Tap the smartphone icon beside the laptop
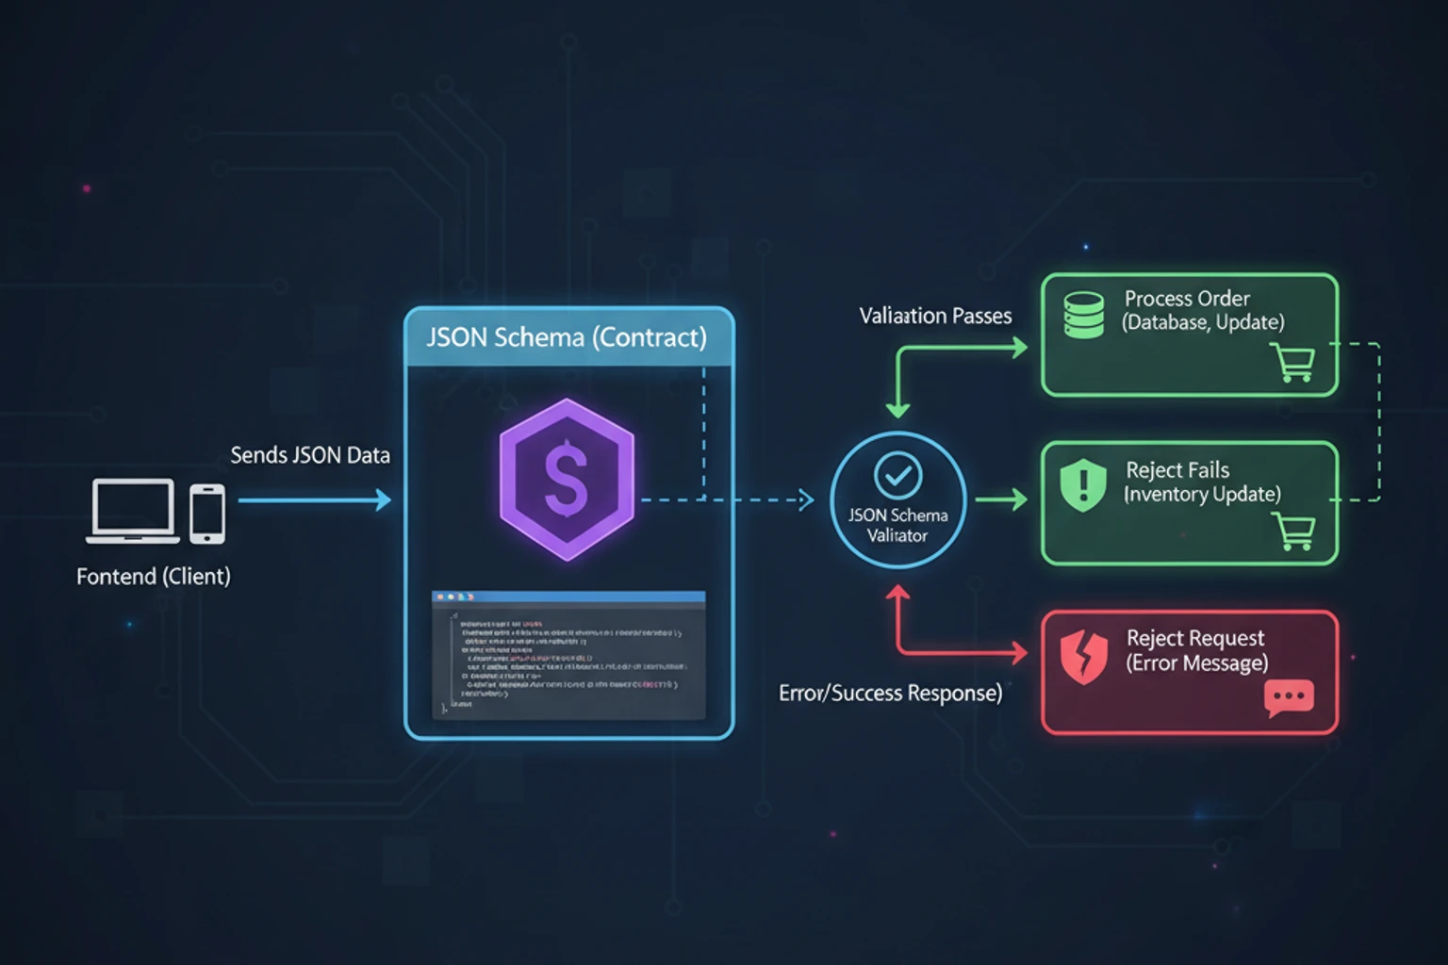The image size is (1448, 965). click(207, 514)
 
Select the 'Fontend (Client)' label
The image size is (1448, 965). click(153, 576)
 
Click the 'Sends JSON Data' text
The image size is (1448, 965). click(310, 455)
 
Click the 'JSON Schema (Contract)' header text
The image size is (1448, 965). click(567, 337)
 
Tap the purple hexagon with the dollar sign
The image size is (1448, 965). click(567, 479)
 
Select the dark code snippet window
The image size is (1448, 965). click(568, 656)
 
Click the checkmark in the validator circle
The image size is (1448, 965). click(898, 476)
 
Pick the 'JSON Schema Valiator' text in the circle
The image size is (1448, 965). click(897, 525)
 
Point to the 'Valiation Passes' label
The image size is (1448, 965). click(935, 316)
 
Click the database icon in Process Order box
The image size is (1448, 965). click(1084, 315)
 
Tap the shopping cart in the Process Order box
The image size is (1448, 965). click(1293, 362)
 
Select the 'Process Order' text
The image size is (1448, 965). click(1187, 299)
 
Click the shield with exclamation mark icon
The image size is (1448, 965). click(1084, 484)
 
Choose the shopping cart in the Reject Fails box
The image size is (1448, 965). click(1294, 532)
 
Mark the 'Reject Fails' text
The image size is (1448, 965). click(1177, 470)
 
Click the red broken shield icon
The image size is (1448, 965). click(1084, 657)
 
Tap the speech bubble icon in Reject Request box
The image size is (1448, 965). click(1289, 698)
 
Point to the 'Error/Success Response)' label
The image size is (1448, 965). click(890, 694)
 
